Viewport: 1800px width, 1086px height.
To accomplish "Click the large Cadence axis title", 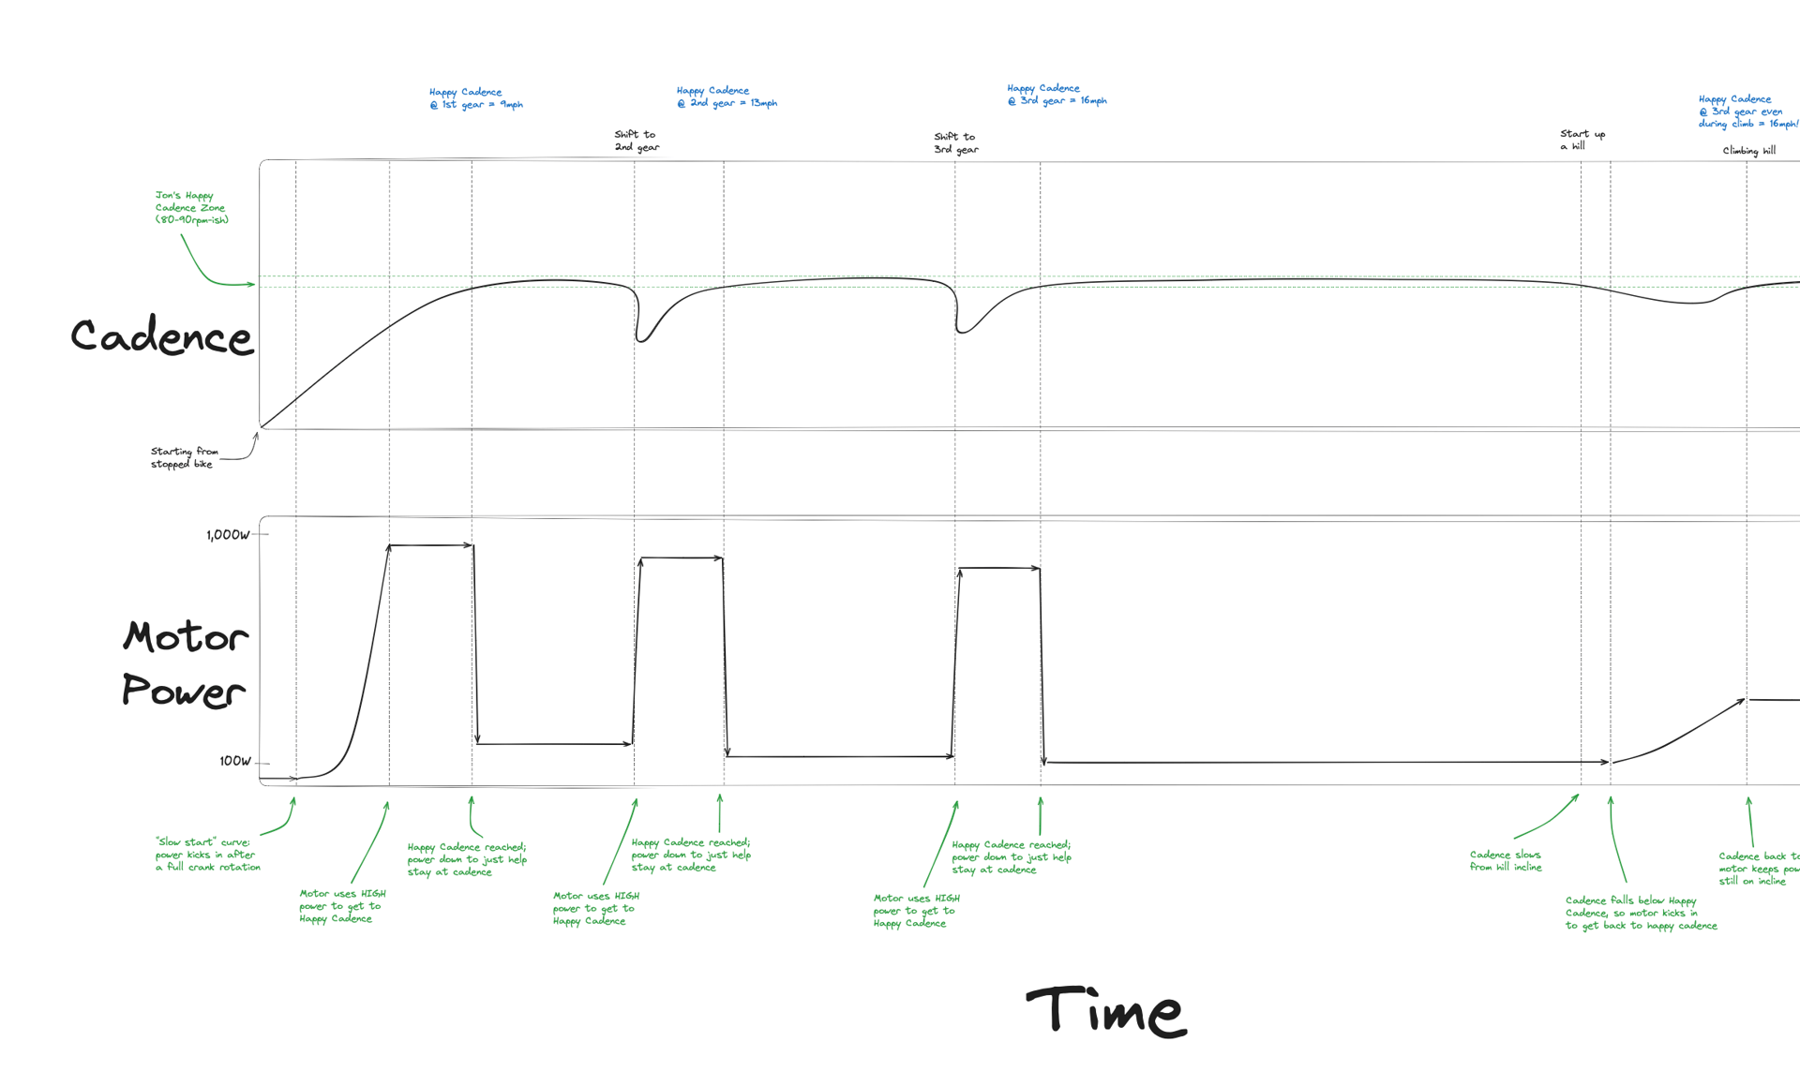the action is (161, 336).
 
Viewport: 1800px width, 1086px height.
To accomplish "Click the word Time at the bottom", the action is (1106, 1011).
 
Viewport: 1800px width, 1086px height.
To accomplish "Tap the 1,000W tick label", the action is (228, 535).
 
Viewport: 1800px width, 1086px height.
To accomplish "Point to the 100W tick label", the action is (234, 761).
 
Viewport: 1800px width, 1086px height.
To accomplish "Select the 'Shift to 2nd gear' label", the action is (637, 141).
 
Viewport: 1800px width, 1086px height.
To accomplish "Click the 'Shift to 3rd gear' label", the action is (955, 142).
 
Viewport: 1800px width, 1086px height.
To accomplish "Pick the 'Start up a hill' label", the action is (1582, 140).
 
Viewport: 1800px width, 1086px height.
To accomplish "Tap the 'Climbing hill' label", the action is (1748, 151).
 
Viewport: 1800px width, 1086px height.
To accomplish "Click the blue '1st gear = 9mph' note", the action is (475, 98).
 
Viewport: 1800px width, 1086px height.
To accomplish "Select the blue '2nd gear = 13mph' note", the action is (727, 97).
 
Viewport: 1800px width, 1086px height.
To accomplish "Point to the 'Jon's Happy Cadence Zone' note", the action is (191, 207).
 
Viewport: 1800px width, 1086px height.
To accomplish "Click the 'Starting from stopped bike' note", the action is (184, 457).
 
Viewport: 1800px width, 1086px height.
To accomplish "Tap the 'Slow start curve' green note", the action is (207, 855).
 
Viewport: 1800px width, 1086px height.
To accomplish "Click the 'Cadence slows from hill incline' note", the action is (1505, 860).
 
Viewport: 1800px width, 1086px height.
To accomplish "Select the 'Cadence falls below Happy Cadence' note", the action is (1641, 913).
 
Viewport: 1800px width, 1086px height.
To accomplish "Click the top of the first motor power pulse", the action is (431, 545).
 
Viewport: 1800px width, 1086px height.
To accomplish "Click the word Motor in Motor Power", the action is (186, 637).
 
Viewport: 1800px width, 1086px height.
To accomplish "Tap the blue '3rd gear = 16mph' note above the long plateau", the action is (1057, 94).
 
